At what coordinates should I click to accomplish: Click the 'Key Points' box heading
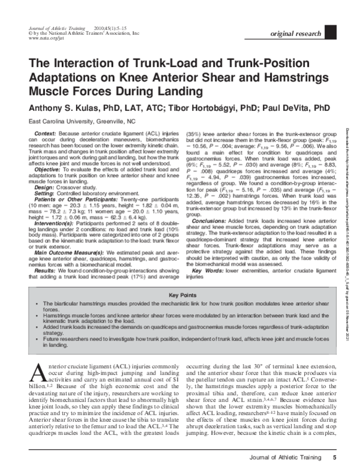pos(182,296)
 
